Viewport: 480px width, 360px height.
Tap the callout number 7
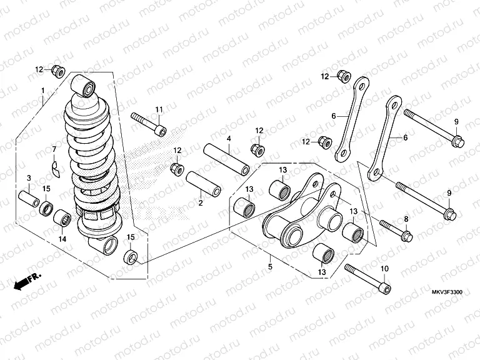coord(54,149)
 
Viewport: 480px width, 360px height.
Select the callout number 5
coord(270,267)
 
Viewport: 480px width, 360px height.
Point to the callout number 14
coord(62,238)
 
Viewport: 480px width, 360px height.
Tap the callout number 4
coord(229,138)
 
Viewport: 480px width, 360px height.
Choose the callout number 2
coord(201,202)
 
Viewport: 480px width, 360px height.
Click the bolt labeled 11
coord(149,123)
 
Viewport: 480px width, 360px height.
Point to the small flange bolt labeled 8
coord(394,230)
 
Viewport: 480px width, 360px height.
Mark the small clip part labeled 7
coord(54,167)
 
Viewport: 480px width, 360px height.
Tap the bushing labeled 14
coord(62,219)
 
